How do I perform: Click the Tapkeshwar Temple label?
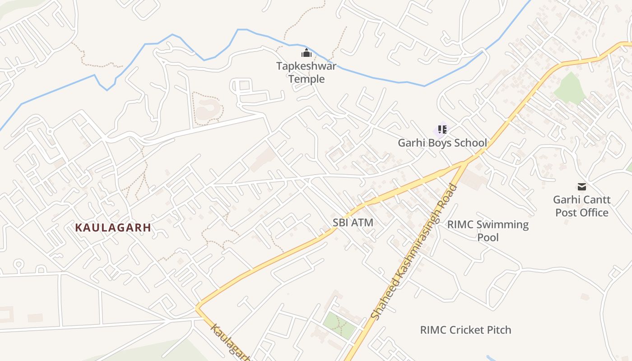[x=307, y=73]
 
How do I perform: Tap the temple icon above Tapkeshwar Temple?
[x=307, y=53]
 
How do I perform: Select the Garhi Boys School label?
[x=442, y=143]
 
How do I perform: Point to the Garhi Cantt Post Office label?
[x=581, y=206]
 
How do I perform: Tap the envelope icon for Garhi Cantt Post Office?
[x=581, y=186]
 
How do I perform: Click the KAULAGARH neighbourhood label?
[x=113, y=228]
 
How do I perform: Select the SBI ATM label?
[x=353, y=222]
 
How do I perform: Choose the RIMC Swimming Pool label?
[x=488, y=231]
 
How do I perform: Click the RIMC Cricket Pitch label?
[x=465, y=330]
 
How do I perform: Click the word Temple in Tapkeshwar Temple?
[x=307, y=79]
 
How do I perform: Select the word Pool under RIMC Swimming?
[x=488, y=237]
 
